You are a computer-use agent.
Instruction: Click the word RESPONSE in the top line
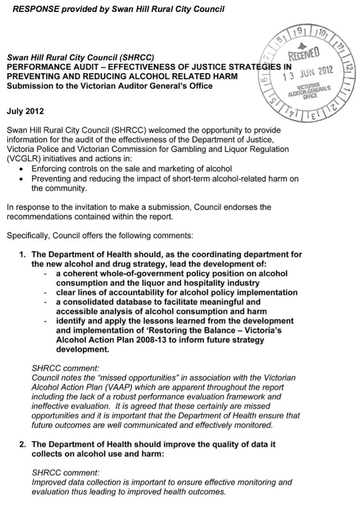click(35, 9)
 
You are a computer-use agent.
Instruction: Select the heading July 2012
click(25, 111)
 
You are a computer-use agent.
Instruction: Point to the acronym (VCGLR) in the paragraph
click(22, 158)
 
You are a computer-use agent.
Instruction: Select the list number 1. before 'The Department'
click(22, 255)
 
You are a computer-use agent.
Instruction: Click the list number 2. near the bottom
click(22, 444)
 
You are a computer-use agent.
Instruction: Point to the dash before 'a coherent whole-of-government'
click(45, 274)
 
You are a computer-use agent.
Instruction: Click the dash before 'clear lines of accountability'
click(45, 293)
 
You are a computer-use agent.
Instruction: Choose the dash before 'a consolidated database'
click(45, 302)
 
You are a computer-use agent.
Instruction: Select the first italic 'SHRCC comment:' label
click(59, 368)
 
